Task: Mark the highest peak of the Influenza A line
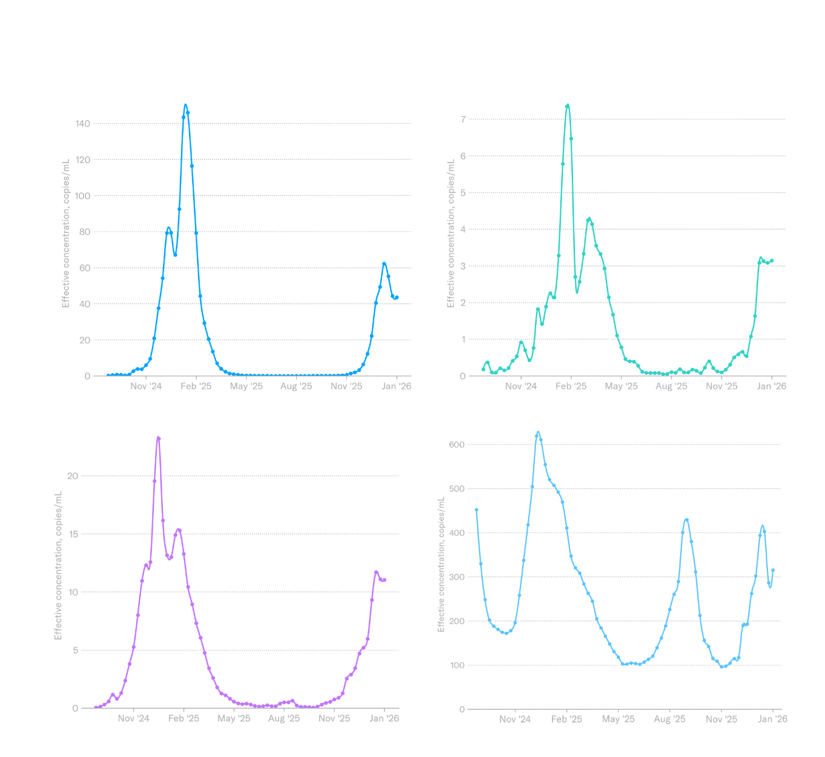185,105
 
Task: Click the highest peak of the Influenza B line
568,105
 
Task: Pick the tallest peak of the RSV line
158,437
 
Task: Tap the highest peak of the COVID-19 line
538,434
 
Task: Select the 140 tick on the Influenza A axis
83,124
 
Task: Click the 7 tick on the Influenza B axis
463,119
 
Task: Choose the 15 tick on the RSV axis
73,534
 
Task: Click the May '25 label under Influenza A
246,386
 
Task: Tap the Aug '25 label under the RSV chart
283,718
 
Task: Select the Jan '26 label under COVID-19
772,719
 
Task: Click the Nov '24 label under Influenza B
521,386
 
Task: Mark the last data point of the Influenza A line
397,297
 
